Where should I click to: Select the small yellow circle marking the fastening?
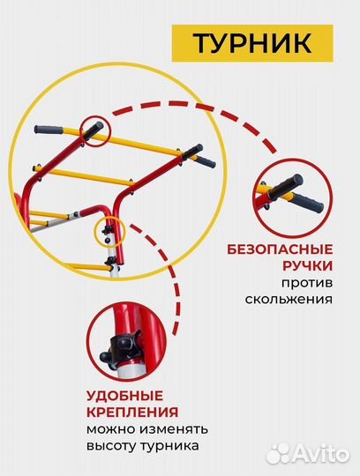pos(108,230)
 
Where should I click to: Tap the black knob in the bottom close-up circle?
pos(109,354)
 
